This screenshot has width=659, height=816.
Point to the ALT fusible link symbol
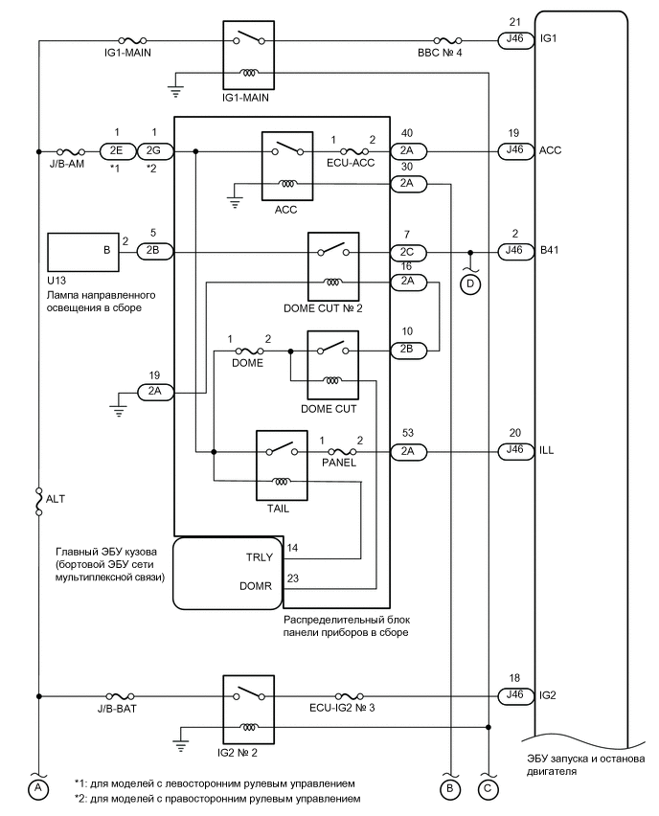click(x=39, y=500)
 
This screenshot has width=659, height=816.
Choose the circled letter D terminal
click(x=470, y=284)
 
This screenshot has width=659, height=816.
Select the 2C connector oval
click(x=407, y=253)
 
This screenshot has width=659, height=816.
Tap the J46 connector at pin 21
click(x=515, y=40)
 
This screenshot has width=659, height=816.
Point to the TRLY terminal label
click(x=260, y=556)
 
